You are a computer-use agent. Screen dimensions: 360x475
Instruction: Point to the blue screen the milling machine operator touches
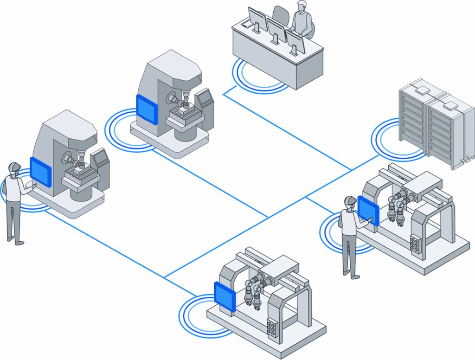coord(40,171)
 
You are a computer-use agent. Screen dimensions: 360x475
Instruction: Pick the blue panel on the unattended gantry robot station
coord(225,296)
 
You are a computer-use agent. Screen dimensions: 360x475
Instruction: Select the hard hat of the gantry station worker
coord(349,200)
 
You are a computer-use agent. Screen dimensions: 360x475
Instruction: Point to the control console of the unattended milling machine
coord(205,100)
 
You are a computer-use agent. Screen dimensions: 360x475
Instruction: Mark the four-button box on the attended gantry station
coord(415,244)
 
